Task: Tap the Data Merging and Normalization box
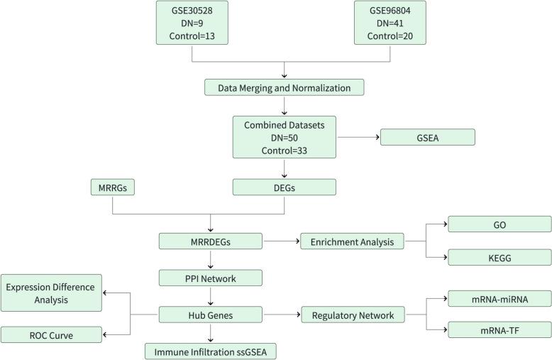[284, 87]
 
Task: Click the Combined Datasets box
[284, 137]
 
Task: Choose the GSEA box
[426, 137]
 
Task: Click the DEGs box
[284, 187]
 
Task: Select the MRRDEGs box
[209, 241]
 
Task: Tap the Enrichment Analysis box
[353, 241]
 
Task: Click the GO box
[499, 224]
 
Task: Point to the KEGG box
[499, 257]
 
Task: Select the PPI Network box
[209, 277]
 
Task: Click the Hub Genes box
[209, 313]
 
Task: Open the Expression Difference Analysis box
[51, 292]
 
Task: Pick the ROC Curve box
[51, 334]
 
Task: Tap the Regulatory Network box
[353, 313]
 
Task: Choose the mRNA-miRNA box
[499, 298]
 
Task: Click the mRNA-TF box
[499, 329]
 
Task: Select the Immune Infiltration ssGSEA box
[209, 351]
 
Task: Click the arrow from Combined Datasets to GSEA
[358, 137]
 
